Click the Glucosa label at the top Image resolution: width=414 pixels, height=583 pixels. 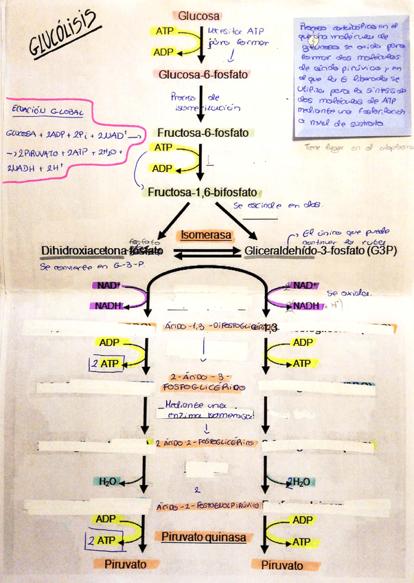(199, 15)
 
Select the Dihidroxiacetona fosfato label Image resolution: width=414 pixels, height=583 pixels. (102, 251)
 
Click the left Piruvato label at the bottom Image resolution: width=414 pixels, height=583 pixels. (126, 564)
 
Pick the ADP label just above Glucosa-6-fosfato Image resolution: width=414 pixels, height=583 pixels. (163, 52)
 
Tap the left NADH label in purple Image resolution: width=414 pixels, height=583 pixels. (108, 305)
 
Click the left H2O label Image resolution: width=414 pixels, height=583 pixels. (108, 481)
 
